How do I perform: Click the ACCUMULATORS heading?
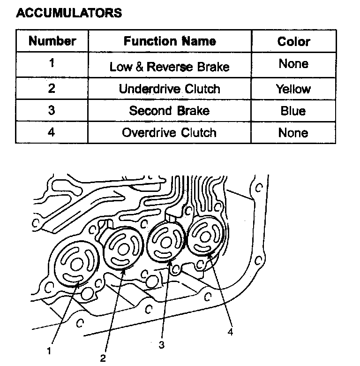pyautogui.click(x=69, y=13)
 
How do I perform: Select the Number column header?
pyautogui.click(x=52, y=41)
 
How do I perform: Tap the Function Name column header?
pyautogui.click(x=170, y=41)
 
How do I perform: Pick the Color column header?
pyautogui.click(x=294, y=41)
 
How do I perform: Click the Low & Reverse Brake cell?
pyautogui.click(x=170, y=67)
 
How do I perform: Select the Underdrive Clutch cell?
pyautogui.click(x=170, y=89)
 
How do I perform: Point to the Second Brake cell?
pyautogui.click(x=170, y=111)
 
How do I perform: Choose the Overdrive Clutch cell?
pyautogui.click(x=170, y=132)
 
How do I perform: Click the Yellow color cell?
pyautogui.click(x=294, y=89)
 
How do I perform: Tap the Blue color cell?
pyautogui.click(x=294, y=111)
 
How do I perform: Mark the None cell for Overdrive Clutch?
pyautogui.click(x=294, y=132)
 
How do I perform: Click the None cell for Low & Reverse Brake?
pyautogui.click(x=294, y=64)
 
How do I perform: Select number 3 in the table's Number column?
pyautogui.click(x=52, y=111)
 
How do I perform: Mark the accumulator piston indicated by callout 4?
pyautogui.click(x=205, y=237)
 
